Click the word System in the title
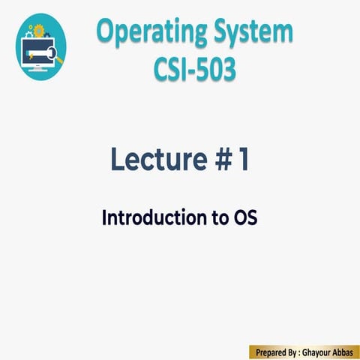point(252,33)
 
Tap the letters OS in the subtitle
point(242,218)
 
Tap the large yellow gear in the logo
point(38,30)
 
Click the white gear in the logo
point(29,34)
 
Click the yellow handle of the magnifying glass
point(60,60)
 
